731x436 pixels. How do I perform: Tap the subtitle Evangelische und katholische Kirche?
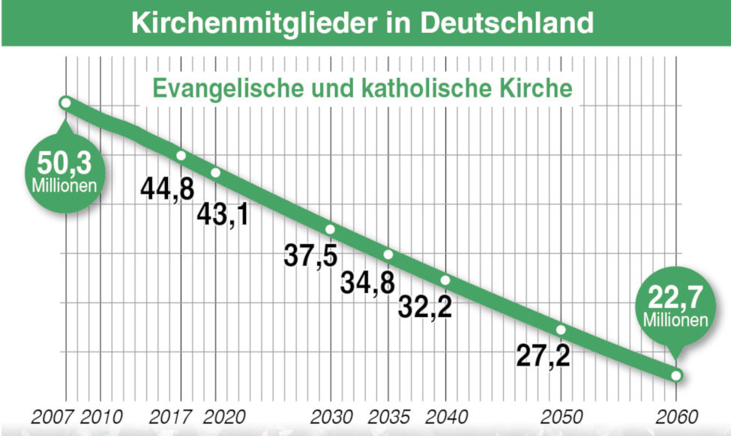pyautogui.click(x=363, y=88)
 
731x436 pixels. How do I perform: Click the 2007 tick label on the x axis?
pyautogui.click(x=52, y=417)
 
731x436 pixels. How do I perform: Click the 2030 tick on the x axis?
pyautogui.click(x=331, y=417)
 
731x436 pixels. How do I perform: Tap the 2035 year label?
pyautogui.click(x=388, y=417)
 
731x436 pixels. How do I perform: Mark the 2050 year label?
pyautogui.click(x=561, y=417)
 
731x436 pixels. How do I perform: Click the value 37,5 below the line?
pyautogui.click(x=310, y=255)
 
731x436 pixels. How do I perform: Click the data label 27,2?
pyautogui.click(x=544, y=355)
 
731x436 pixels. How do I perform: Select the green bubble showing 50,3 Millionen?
pyautogui.click(x=64, y=170)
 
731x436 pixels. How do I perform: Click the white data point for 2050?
pyautogui.click(x=561, y=330)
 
